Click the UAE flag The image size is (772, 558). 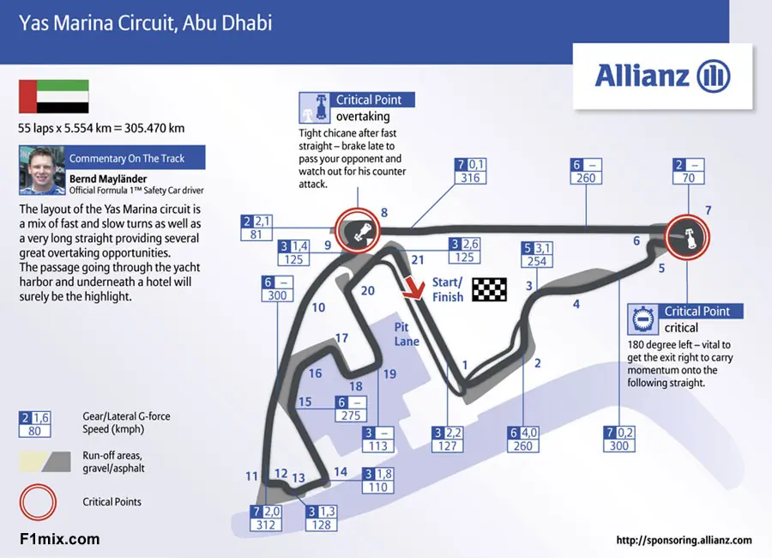click(x=54, y=97)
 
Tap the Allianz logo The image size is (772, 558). click(x=663, y=76)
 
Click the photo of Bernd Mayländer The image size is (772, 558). click(x=42, y=170)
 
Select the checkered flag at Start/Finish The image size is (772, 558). click(x=490, y=289)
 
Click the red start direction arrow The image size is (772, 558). click(x=413, y=288)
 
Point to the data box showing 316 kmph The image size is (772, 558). click(x=470, y=171)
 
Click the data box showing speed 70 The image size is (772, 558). click(x=688, y=171)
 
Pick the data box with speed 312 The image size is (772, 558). click(x=265, y=518)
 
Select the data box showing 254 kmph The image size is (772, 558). click(x=537, y=255)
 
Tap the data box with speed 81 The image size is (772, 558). click(x=256, y=227)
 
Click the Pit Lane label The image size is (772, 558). click(x=407, y=334)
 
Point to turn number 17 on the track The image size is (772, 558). click(x=341, y=338)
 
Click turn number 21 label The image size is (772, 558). click(x=418, y=260)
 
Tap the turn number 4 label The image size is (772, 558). click(x=576, y=304)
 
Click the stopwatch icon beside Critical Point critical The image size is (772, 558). click(x=642, y=319)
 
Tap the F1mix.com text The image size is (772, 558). click(x=59, y=539)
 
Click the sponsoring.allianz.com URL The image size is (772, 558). click(x=684, y=540)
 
